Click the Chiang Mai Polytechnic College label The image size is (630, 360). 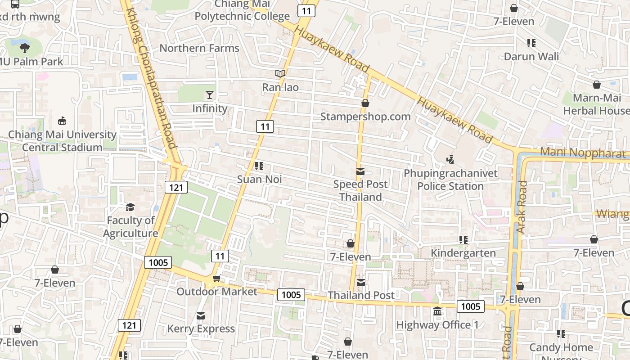[242, 10]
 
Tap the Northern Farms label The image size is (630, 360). [199, 48]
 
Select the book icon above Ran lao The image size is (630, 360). [280, 73]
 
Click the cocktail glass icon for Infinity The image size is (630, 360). [210, 94]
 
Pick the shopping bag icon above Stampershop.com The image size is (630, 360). [365, 103]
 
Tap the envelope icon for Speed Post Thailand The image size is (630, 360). [360, 171]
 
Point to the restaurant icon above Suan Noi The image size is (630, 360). [259, 166]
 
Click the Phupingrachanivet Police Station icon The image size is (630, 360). [450, 159]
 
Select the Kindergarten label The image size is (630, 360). [463, 253]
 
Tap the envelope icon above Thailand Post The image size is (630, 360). [361, 282]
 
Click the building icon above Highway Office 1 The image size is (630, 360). [437, 311]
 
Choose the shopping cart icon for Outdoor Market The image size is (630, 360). [216, 279]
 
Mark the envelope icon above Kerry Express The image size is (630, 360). [201, 316]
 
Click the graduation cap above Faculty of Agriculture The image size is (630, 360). [130, 207]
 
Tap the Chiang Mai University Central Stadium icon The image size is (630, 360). [62, 121]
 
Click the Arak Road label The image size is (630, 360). [522, 207]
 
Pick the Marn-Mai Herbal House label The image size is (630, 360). [596, 104]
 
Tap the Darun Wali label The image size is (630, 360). [531, 56]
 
